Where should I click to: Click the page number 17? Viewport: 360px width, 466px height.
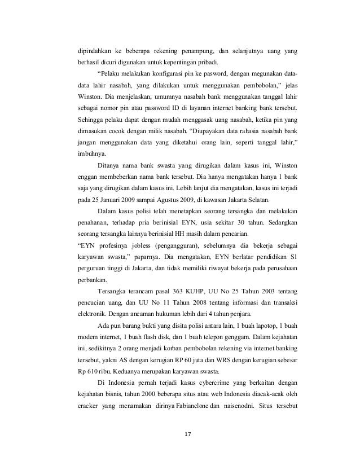coord(188,433)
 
